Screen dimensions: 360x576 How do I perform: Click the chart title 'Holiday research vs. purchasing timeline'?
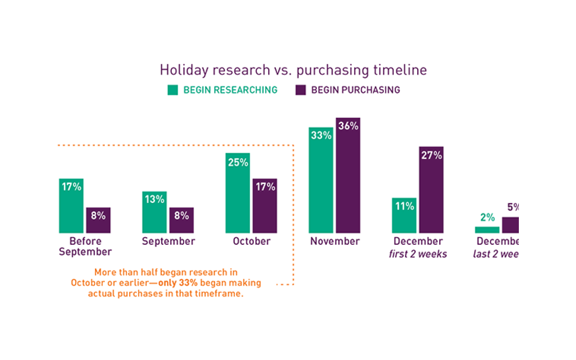[293, 70]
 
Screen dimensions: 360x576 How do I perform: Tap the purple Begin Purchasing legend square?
[301, 90]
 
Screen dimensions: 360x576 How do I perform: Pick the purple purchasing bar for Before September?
[98, 220]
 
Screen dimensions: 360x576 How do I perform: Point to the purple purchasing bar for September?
[181, 220]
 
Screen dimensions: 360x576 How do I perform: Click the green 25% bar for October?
[238, 193]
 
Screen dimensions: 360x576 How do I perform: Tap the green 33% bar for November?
[321, 180]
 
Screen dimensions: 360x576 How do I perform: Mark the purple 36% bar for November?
[348, 175]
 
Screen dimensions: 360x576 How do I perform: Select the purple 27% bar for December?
[431, 189]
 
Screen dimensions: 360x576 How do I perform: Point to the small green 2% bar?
[487, 229]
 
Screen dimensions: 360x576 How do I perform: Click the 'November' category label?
[335, 241]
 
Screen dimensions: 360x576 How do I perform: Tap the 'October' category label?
[252, 241]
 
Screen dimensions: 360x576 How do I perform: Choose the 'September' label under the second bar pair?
[168, 241]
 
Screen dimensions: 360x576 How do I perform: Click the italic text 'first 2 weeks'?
[418, 254]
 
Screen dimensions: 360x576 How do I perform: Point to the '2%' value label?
[487, 218]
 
